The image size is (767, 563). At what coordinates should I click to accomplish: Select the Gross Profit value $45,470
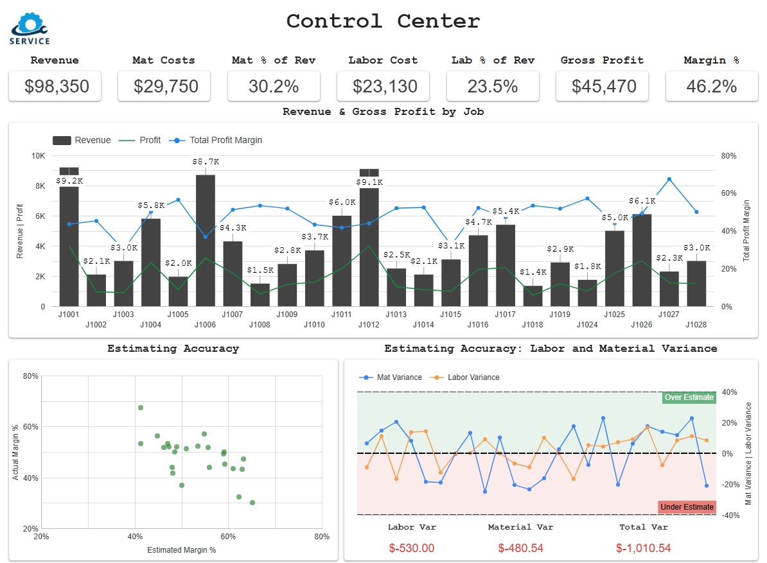pyautogui.click(x=602, y=86)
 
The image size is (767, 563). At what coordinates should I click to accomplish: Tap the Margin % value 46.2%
pyautogui.click(x=711, y=86)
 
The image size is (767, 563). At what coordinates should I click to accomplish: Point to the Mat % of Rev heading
pyautogui.click(x=274, y=60)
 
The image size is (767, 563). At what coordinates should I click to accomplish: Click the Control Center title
pyautogui.click(x=383, y=21)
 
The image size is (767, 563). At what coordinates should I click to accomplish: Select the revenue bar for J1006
pyautogui.click(x=206, y=241)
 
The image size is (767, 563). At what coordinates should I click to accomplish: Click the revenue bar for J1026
pyautogui.click(x=642, y=260)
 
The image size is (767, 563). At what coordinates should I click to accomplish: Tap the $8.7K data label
pyautogui.click(x=206, y=162)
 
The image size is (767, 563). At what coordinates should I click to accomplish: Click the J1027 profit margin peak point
pyautogui.click(x=669, y=180)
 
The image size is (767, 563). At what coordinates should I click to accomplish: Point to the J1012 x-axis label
pyautogui.click(x=369, y=325)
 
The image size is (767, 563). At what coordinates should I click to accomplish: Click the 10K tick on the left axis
pyautogui.click(x=38, y=156)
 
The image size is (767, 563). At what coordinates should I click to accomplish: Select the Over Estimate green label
pyautogui.click(x=689, y=397)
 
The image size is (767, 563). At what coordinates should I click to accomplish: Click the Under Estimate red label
pyautogui.click(x=687, y=507)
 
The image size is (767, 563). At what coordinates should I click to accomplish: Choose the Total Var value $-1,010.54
pyautogui.click(x=643, y=548)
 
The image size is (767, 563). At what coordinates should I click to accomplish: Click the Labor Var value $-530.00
pyautogui.click(x=412, y=548)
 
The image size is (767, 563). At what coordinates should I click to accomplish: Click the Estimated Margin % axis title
pyautogui.click(x=181, y=550)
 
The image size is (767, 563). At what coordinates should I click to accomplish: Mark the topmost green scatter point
pyautogui.click(x=141, y=408)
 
